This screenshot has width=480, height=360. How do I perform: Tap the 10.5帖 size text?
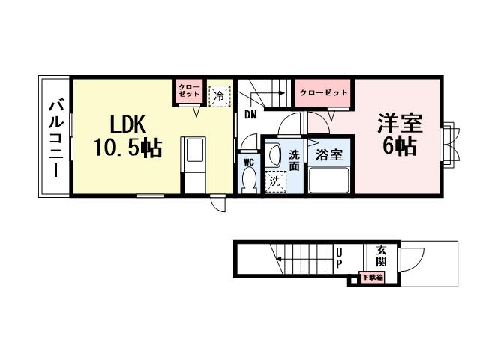[x=128, y=148]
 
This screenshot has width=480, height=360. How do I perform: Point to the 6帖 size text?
[x=399, y=146]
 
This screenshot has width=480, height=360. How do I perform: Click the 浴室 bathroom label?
[x=328, y=155]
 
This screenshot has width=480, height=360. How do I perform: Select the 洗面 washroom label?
[x=295, y=160]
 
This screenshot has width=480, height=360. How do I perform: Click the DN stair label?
[x=250, y=115]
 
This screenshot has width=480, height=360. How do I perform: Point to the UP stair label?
[x=339, y=258]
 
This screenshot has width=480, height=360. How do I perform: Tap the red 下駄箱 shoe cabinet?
[x=372, y=277]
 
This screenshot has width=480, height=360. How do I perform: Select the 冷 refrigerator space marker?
[x=219, y=95]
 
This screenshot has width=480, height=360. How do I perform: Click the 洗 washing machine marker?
[x=275, y=181]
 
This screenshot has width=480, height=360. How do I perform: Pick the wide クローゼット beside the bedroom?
[x=323, y=92]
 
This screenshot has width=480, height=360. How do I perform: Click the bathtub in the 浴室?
[x=328, y=180]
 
